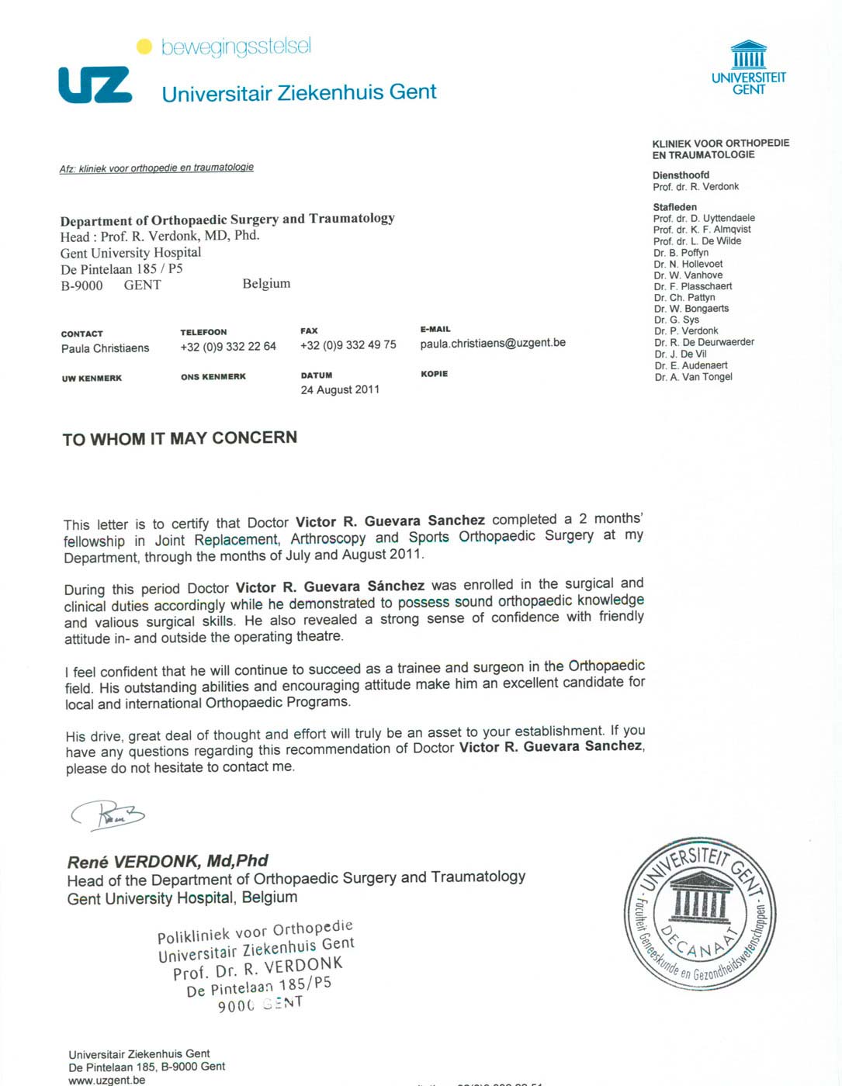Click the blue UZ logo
pos(95,85)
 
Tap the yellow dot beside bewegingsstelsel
pos(144,47)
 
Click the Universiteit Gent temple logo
pos(749,56)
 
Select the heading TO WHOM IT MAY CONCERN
pos(179,438)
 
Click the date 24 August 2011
pos(340,389)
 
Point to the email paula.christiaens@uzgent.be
pos(493,343)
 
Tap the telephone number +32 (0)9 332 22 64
pos(228,347)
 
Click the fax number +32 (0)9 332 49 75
pos(348,345)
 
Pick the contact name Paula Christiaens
pos(105,348)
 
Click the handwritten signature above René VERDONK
pos(109,814)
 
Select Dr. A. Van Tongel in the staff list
pos(693,377)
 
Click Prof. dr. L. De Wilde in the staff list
pos(697,241)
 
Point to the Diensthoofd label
pos(681,175)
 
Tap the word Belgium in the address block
pos(266,284)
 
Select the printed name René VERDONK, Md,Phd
pos(168,861)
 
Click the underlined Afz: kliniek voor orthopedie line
pos(157,168)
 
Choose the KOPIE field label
pos(434,374)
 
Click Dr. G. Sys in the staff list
pos(676,320)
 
